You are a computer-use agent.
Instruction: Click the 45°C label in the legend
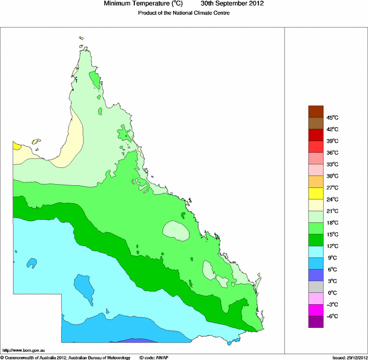click(333, 117)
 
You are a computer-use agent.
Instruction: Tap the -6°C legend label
click(332, 316)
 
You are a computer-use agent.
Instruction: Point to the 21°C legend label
click(333, 211)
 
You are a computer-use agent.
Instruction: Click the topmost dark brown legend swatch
click(316, 111)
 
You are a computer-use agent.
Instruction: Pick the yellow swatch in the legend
click(316, 193)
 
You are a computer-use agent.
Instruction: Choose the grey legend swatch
click(316, 286)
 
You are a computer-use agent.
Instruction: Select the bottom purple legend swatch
click(316, 322)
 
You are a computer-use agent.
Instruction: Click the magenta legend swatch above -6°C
click(316, 310)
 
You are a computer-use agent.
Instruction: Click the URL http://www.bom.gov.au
click(23, 350)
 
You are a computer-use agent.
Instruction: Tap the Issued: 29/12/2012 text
click(349, 357)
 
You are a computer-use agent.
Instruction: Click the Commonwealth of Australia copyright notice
click(66, 357)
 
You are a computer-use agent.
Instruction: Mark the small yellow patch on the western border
click(16, 145)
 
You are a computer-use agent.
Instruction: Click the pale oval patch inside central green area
click(176, 230)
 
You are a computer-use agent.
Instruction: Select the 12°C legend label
click(333, 246)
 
